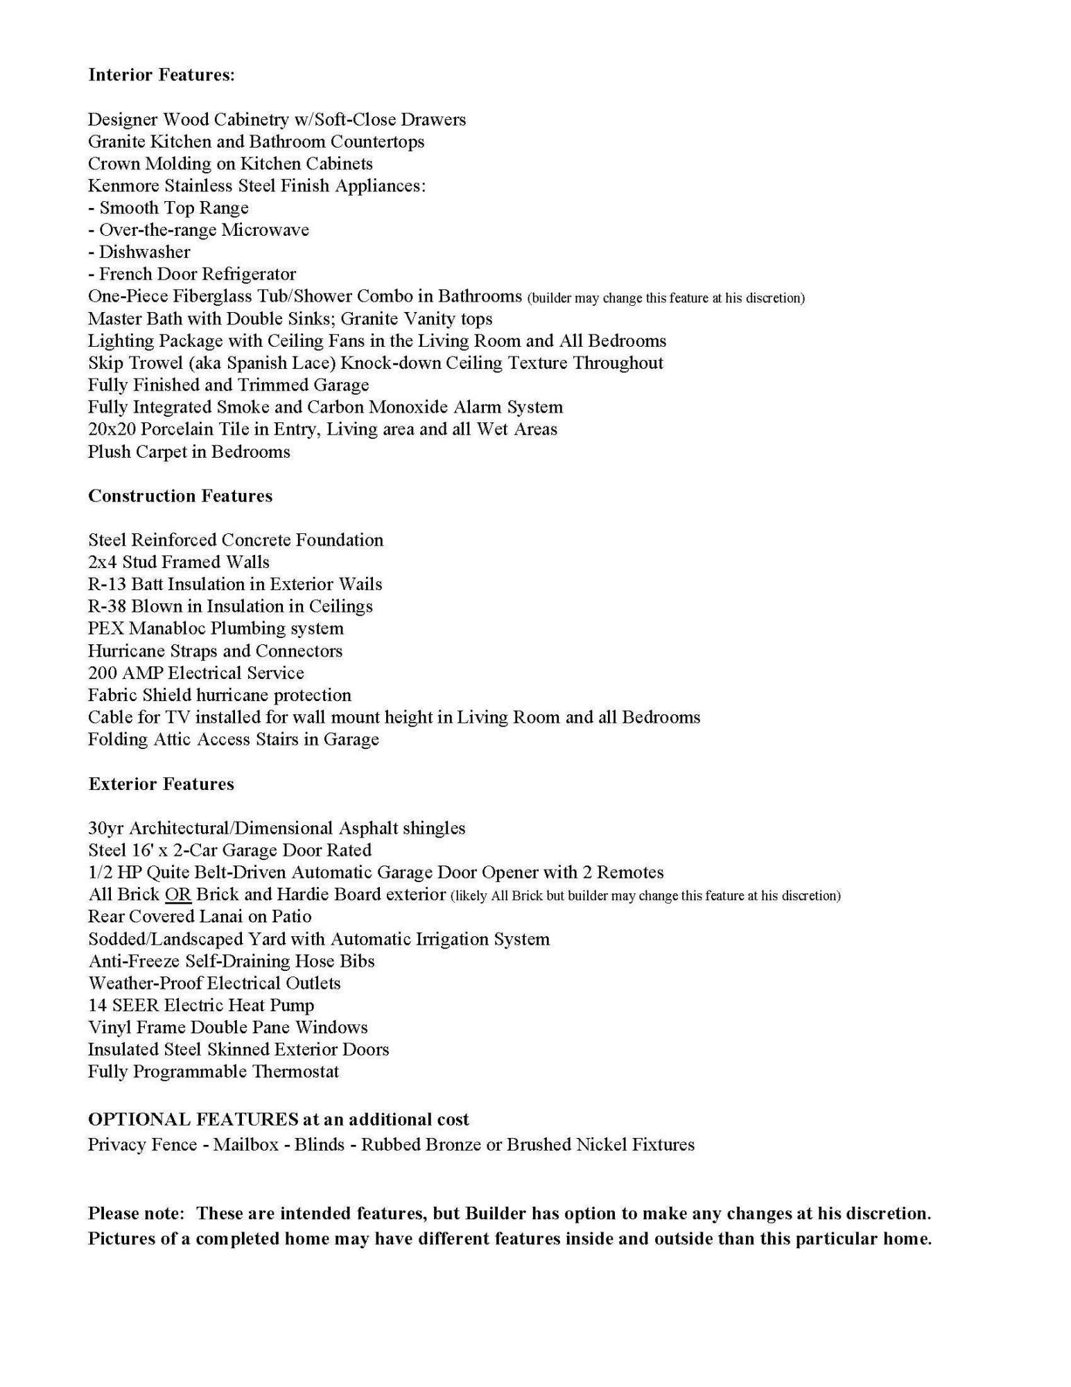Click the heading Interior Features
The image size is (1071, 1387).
click(162, 75)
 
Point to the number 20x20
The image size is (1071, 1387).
click(112, 429)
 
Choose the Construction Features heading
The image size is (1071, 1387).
click(180, 496)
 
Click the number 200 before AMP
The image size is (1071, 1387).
click(102, 673)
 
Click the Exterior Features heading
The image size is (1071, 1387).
click(161, 784)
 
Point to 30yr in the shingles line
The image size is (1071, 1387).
click(106, 828)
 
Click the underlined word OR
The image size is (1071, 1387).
click(177, 895)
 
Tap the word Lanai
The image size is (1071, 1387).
click(220, 916)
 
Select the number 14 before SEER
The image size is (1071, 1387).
click(96, 1005)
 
